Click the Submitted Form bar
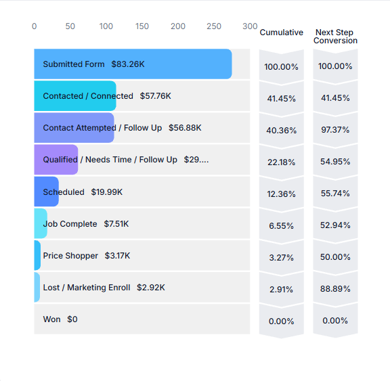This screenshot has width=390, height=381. coord(133,64)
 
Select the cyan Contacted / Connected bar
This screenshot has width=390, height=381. coord(75,95)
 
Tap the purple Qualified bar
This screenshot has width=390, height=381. coord(56,160)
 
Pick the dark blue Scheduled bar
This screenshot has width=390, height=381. coord(46,192)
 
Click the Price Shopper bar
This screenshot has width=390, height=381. coord(37,255)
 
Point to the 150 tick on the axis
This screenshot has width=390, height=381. coord(142,26)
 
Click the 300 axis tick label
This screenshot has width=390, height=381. coord(250,26)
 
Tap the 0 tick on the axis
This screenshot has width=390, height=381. coord(35,26)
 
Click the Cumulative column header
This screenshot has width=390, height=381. coord(281,32)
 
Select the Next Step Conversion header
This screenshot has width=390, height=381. coord(335,37)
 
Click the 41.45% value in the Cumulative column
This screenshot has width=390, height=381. coord(281,98)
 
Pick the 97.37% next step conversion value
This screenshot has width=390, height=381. coord(335,129)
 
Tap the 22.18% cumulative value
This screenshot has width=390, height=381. coord(281,162)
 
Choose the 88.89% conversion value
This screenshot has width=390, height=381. coord(335,288)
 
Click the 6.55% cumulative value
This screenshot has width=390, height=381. coord(281,225)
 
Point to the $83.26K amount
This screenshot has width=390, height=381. coord(128,64)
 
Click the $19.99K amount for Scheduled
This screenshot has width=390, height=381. coord(107,192)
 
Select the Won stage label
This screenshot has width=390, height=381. coord(51,319)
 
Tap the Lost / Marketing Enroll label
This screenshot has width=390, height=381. coord(87,288)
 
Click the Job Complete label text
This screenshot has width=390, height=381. coord(70,224)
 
